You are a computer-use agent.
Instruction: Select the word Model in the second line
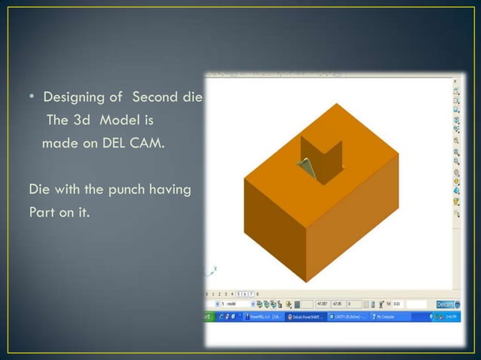coord(133,121)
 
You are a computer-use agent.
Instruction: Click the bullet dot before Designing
coord(32,99)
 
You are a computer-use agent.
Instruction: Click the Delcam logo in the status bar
coord(445,304)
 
